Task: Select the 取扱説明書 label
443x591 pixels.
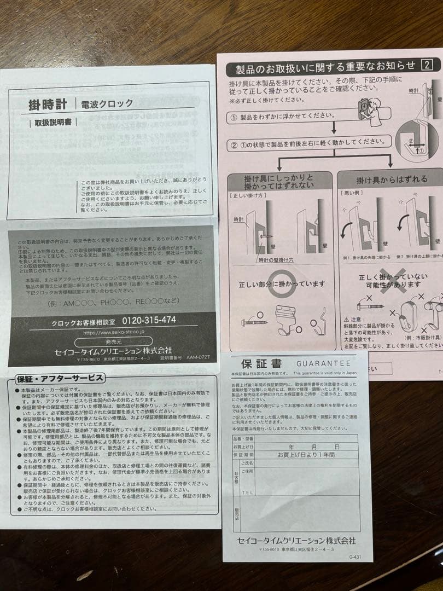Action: [x=53, y=123]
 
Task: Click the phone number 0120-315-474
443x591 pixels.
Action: [x=149, y=320]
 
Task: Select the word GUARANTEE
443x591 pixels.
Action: [x=323, y=363]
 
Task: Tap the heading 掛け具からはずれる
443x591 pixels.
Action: [x=391, y=179]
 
